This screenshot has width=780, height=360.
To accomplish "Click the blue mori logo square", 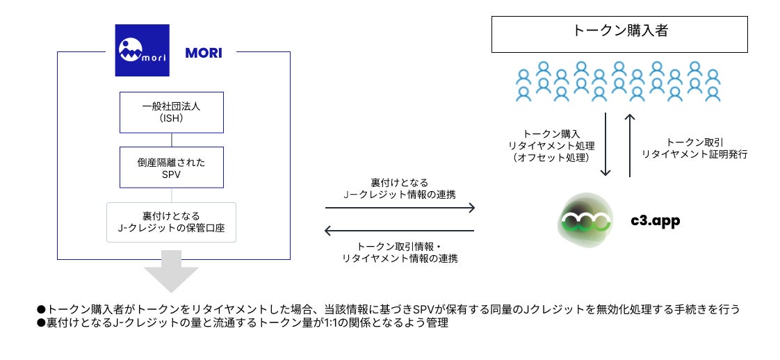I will pos(143,50).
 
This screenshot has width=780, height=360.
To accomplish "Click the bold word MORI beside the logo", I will pos(204,53).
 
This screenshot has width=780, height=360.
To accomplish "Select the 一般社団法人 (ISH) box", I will pos(172,112).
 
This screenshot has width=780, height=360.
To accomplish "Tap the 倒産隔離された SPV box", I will pos(172,167).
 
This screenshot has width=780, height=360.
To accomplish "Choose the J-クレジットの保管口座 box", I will pos(172,222).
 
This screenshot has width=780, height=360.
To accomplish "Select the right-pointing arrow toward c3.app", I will pos(400,208).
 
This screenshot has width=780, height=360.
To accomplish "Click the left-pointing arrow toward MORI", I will pos(400,231).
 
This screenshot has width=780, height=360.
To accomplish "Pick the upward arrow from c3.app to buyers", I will pos(631,145).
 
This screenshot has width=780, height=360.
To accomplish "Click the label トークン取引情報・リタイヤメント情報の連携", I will pos(400,252).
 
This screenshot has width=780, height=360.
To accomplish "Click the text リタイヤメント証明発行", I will pos(694,154).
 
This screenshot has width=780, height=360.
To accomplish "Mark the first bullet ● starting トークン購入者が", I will pos(41,309).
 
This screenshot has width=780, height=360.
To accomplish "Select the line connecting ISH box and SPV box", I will pos(172,139).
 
